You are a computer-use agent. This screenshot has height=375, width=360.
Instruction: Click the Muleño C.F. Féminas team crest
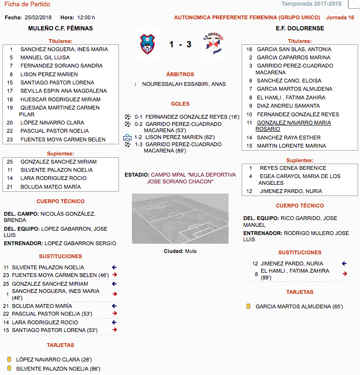(x=148, y=44)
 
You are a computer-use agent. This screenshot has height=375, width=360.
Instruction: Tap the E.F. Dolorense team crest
(x=213, y=44)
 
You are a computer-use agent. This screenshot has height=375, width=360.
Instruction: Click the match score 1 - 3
(x=180, y=45)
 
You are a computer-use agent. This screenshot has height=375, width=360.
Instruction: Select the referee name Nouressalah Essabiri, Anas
(x=184, y=84)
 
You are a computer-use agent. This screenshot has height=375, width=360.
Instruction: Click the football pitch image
(x=180, y=218)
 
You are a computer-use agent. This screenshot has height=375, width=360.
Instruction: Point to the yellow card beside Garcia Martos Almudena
(x=248, y=306)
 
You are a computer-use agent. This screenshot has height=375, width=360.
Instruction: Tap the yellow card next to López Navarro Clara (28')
(x=9, y=360)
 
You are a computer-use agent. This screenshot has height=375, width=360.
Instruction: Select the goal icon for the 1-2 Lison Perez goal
(x=128, y=138)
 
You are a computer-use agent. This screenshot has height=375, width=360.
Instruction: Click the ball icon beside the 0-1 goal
(x=128, y=117)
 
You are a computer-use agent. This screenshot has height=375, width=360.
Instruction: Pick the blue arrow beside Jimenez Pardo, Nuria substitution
(x=344, y=264)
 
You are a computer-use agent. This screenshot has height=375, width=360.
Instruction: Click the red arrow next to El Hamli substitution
(x=344, y=274)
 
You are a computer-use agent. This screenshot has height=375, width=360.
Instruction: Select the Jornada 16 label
(x=340, y=17)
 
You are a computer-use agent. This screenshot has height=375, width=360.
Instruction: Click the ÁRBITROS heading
(x=180, y=75)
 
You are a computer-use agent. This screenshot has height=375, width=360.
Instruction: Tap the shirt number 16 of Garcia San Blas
(x=249, y=49)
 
